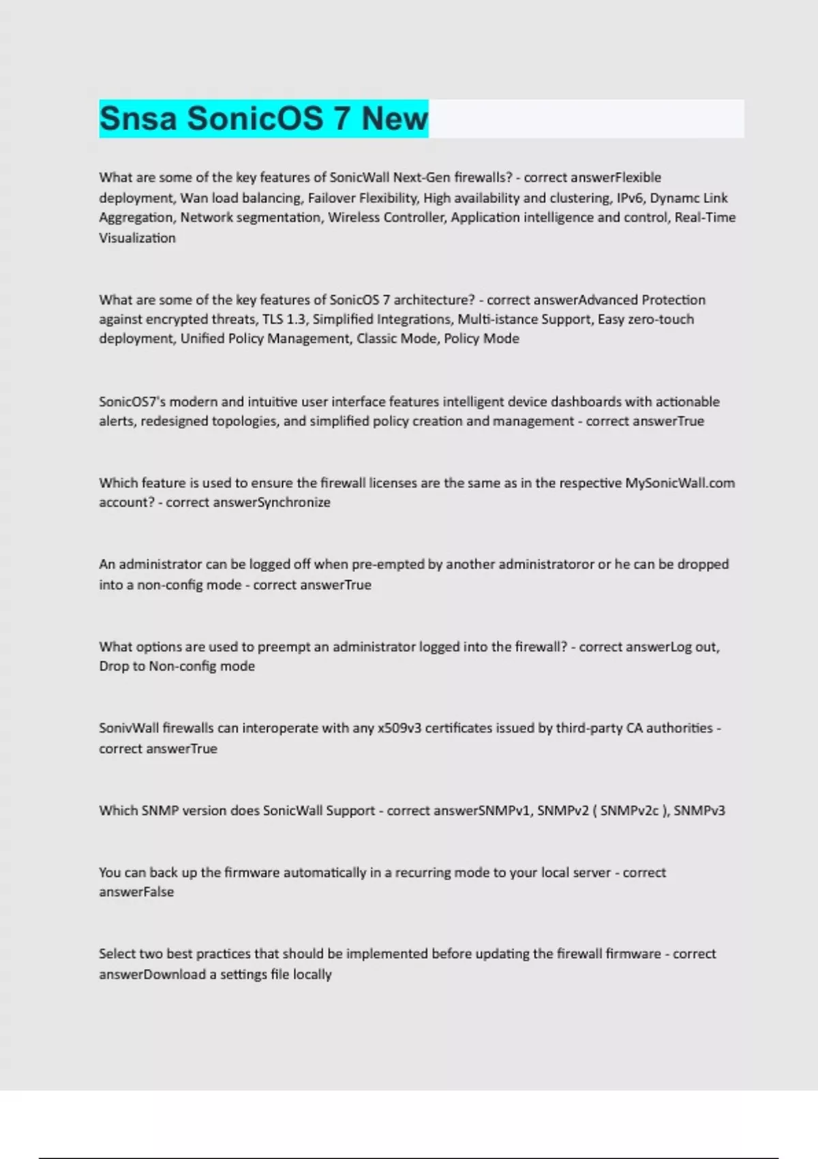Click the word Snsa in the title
[x=138, y=119]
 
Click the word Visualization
[x=137, y=238]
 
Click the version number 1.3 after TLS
[x=295, y=319]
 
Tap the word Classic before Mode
[x=378, y=339]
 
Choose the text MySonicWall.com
[x=680, y=483]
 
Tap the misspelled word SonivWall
[x=129, y=728]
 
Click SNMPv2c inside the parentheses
[x=630, y=811]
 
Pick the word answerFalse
[x=136, y=892]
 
